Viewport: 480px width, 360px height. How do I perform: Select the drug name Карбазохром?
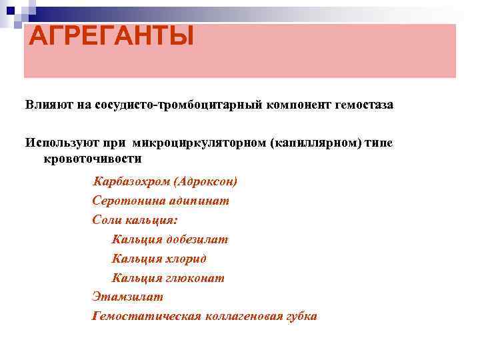pyautogui.click(x=127, y=181)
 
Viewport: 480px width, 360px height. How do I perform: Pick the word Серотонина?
pyautogui.click(x=123, y=201)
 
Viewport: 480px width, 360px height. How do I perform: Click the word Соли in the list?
pyautogui.click(x=107, y=220)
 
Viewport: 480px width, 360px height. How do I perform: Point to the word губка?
pyautogui.click(x=300, y=316)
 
